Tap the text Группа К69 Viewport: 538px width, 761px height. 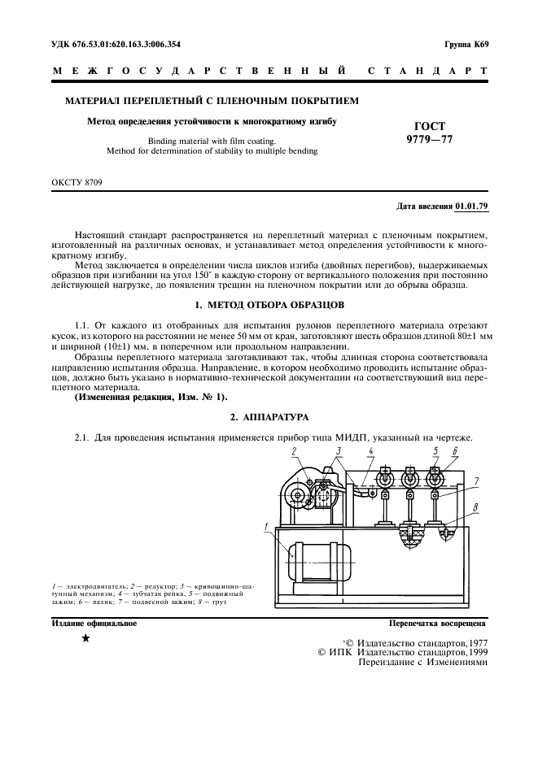tap(466, 44)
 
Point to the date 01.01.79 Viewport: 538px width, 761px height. tap(471, 207)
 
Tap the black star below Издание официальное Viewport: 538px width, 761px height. tap(85, 639)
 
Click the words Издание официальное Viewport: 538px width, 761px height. tap(94, 624)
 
